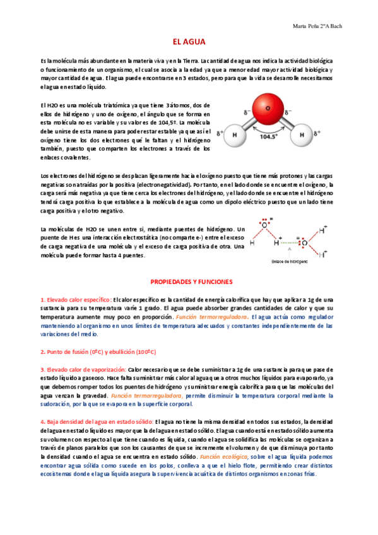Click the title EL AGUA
[188, 40]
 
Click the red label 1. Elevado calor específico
[76, 298]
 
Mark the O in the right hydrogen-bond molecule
[304, 242]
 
